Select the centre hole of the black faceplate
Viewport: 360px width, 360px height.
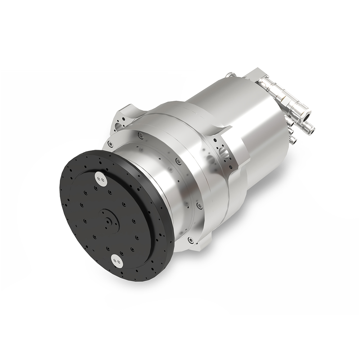click(108, 222)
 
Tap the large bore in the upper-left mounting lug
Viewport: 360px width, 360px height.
click(119, 127)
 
